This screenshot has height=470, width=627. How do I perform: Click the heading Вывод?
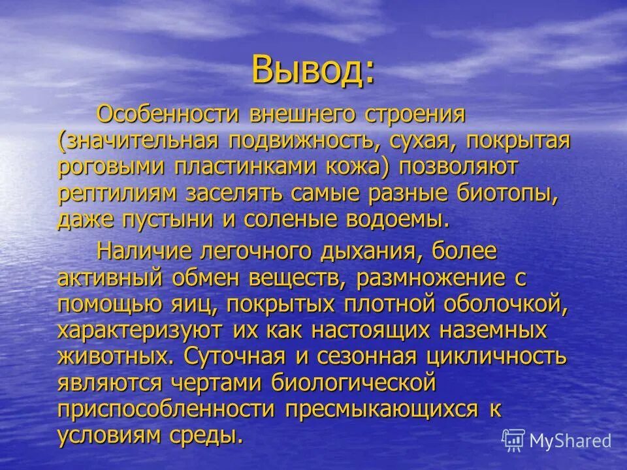[x=313, y=70]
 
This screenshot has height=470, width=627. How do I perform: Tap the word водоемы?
[x=395, y=219]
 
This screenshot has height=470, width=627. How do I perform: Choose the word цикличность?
[x=495, y=357]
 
